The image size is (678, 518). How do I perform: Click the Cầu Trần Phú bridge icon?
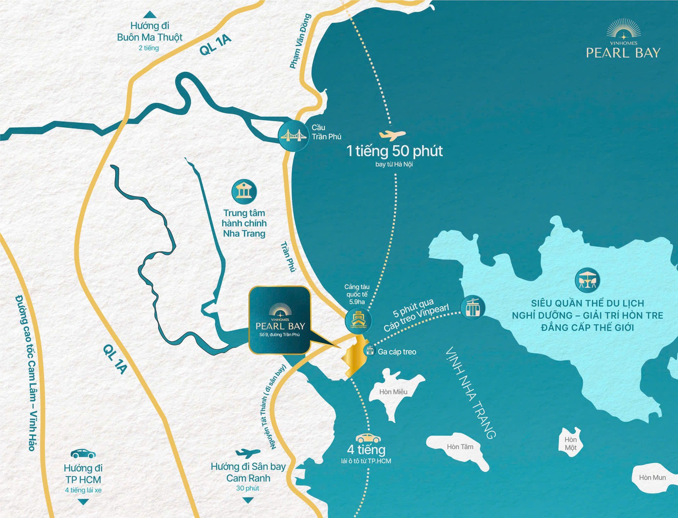292,136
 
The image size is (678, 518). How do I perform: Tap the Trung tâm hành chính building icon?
244,192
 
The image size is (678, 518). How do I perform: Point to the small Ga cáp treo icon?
370,350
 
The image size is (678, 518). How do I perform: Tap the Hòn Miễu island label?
393,392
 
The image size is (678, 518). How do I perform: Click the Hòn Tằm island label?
460,447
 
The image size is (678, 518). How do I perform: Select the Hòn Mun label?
652,478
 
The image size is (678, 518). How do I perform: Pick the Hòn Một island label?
571,443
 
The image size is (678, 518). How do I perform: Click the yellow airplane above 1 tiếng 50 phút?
392,135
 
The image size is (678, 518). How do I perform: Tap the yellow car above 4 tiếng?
368,438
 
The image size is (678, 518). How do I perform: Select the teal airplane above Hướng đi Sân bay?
248,453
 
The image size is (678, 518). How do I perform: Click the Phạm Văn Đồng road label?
300,41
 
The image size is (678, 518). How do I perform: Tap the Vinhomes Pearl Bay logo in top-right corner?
623,40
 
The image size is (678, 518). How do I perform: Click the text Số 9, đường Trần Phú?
279,335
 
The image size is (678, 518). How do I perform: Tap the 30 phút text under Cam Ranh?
248,488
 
